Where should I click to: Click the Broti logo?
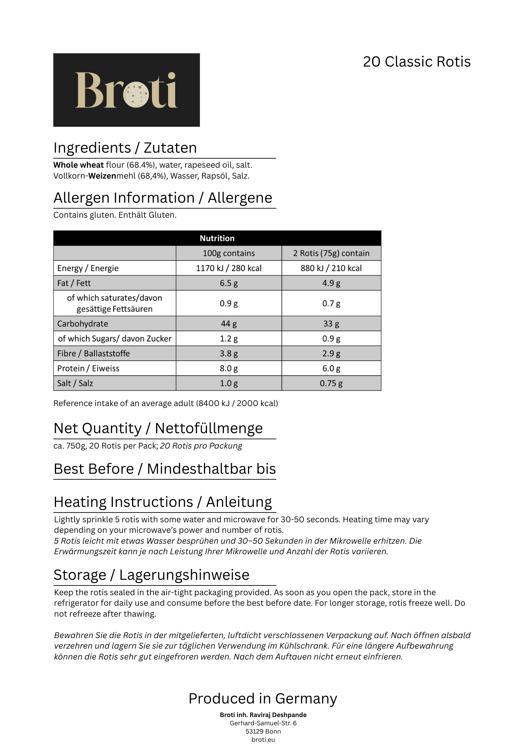(x=126, y=90)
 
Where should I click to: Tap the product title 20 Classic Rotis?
(x=416, y=62)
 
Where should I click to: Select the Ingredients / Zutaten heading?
(x=125, y=148)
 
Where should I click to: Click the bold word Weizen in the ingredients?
(x=102, y=176)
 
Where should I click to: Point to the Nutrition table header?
(x=217, y=238)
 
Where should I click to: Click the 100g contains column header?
(x=228, y=253)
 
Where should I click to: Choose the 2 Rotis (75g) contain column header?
(x=331, y=253)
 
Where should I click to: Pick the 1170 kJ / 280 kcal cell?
(x=228, y=268)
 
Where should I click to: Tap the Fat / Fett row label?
(x=74, y=283)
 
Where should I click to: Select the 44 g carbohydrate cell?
(x=228, y=324)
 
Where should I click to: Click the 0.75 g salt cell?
(x=331, y=383)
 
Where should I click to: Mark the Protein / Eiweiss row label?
(x=88, y=368)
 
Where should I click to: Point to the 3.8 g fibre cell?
(x=228, y=353)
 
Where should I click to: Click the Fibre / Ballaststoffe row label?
(x=93, y=353)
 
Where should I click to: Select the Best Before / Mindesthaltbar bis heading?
(x=164, y=469)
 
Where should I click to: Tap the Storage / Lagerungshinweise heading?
(x=151, y=575)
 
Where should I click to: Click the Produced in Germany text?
(x=263, y=699)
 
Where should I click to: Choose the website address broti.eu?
(x=263, y=740)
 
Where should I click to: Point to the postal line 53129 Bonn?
(x=263, y=731)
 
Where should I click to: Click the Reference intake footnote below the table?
(x=166, y=403)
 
